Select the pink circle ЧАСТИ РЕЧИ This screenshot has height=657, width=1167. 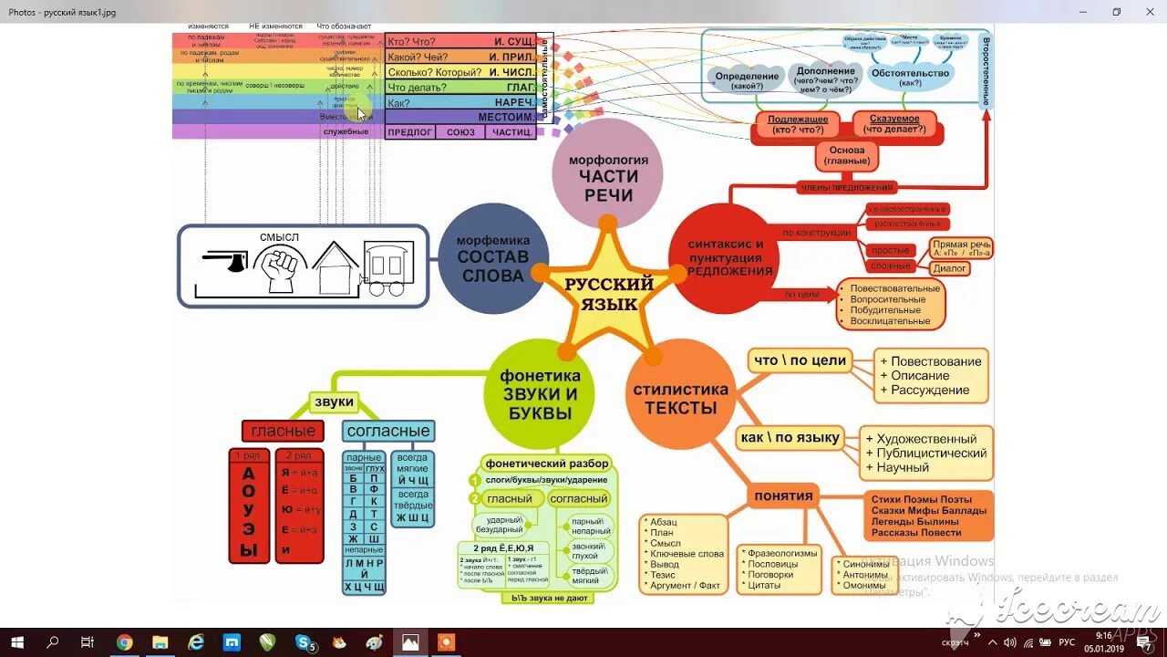pyautogui.click(x=608, y=172)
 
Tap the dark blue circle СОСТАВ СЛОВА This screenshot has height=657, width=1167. pyautogui.click(x=493, y=258)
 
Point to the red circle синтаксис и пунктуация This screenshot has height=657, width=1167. pyautogui.click(x=726, y=258)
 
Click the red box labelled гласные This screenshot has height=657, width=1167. pyautogui.click(x=284, y=431)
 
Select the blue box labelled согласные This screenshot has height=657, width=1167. pyautogui.click(x=388, y=431)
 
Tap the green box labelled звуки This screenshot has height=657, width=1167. pyautogui.click(x=334, y=401)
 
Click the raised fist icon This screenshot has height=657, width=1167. pyautogui.click(x=279, y=266)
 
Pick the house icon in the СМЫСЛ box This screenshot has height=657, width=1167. pyautogui.click(x=336, y=266)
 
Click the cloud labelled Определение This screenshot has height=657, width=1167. pyautogui.click(x=747, y=79)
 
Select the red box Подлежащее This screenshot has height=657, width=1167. pyautogui.click(x=798, y=124)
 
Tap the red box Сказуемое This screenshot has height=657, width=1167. pyautogui.click(x=894, y=124)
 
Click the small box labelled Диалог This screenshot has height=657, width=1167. pyautogui.click(x=949, y=268)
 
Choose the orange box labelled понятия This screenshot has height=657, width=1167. pyautogui.click(x=783, y=496)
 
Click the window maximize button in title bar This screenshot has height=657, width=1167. pyautogui.click(x=1116, y=12)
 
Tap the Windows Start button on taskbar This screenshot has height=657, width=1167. pyautogui.click(x=16, y=642)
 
